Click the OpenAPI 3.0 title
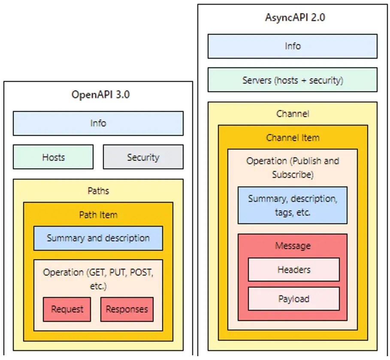(100, 95)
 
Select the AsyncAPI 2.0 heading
(293, 18)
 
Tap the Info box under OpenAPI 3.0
(98, 123)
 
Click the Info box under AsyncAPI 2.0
(293, 46)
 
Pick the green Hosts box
(53, 157)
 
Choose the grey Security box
(143, 157)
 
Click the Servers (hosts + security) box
(293, 80)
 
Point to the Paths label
(98, 191)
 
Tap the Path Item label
(98, 214)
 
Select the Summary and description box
(98, 238)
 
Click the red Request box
(67, 309)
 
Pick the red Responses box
(127, 309)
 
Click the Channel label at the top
(293, 114)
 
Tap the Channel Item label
(293, 138)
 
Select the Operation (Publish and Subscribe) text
(293, 168)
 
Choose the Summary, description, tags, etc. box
(293, 205)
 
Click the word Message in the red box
(293, 246)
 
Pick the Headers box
(293, 270)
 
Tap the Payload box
(293, 299)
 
